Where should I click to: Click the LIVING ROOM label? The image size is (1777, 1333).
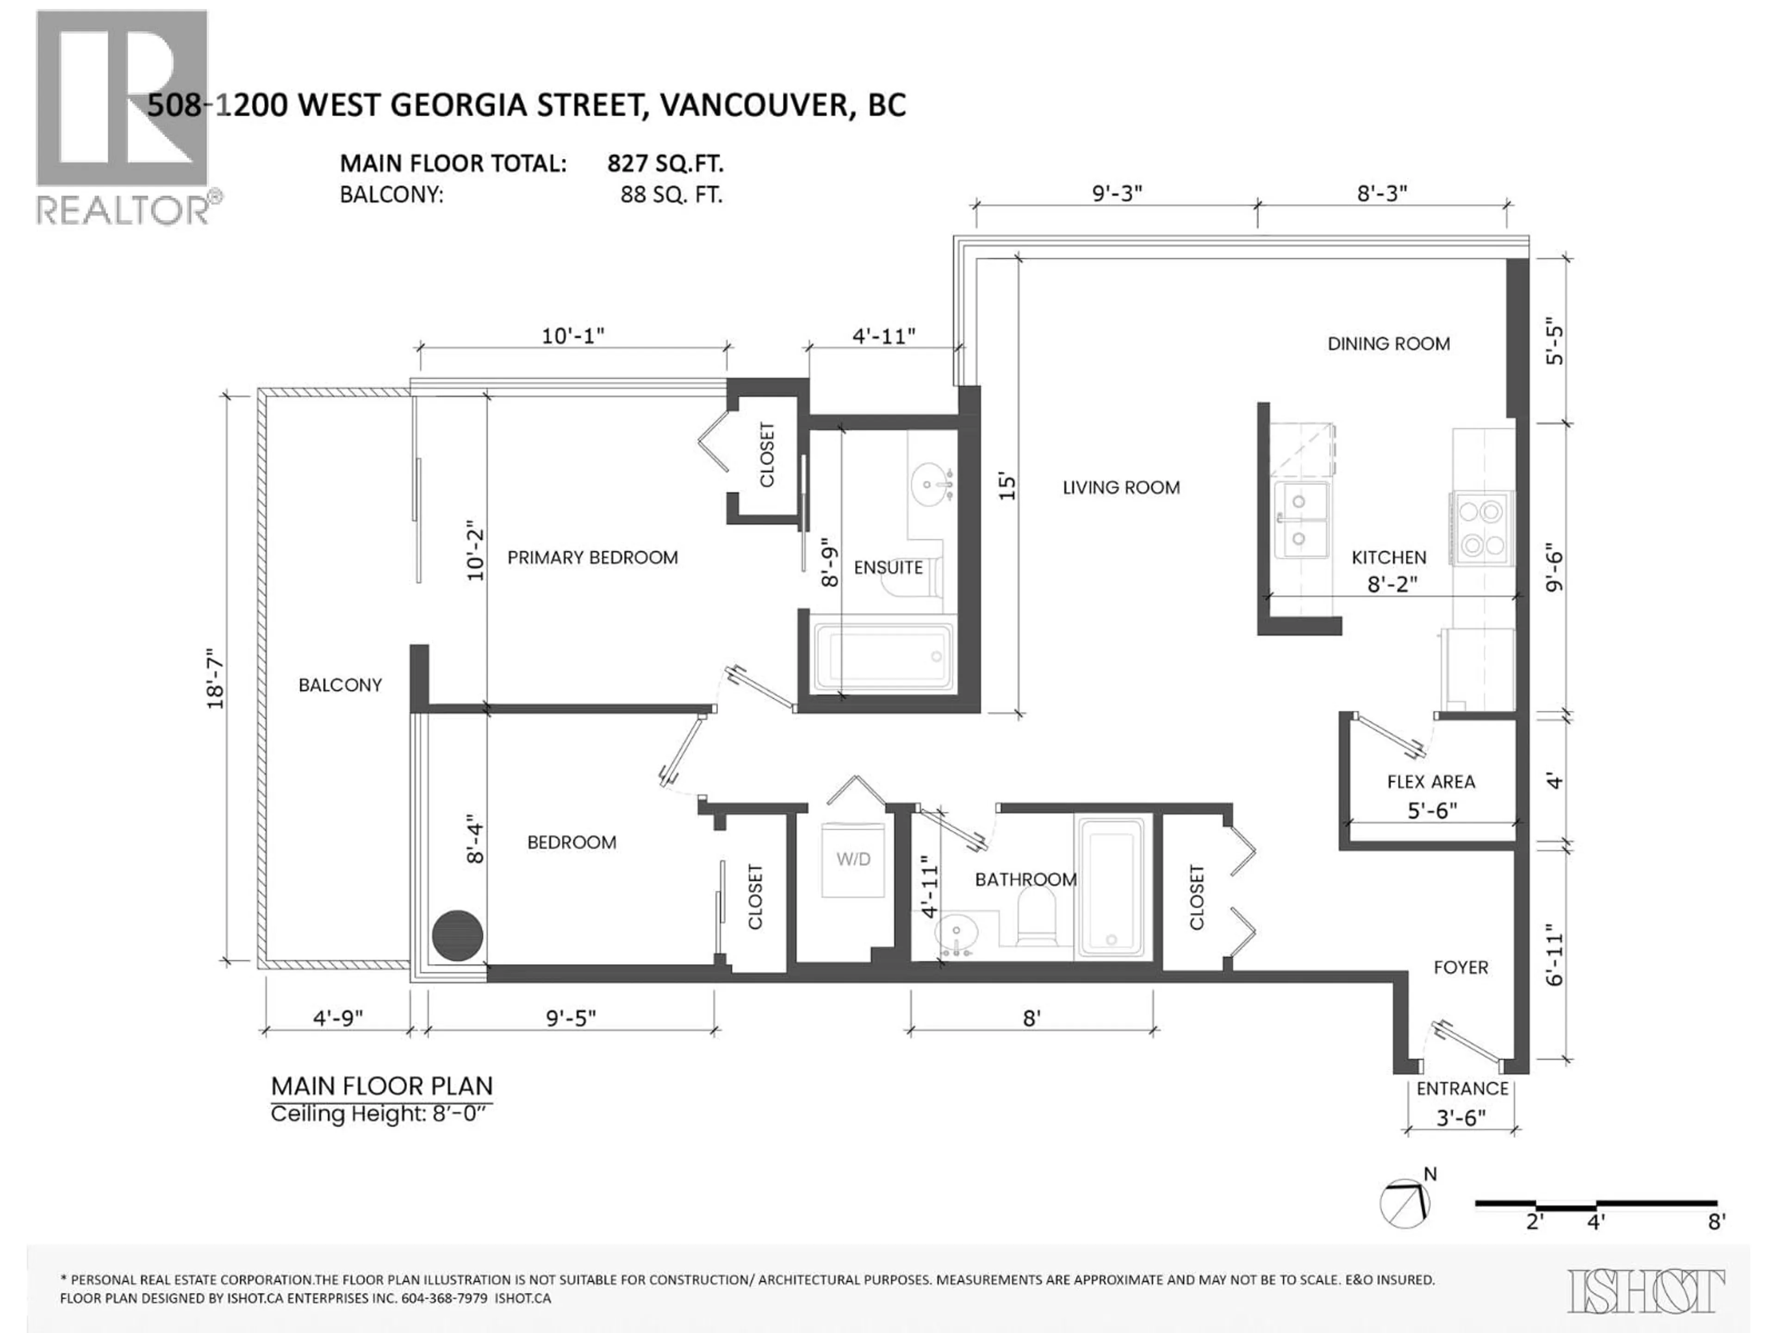1121,488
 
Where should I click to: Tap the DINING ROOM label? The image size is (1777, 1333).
1388,344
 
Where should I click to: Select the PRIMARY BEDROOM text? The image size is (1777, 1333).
592,558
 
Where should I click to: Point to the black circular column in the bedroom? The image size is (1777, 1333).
457,935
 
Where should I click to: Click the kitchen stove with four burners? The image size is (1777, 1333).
1482,529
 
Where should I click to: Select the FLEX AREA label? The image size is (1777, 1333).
1431,782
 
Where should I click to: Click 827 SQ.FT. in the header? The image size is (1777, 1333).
665,164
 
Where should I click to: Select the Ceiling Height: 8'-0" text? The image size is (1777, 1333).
379,1115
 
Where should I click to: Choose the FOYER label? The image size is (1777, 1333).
1460,967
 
